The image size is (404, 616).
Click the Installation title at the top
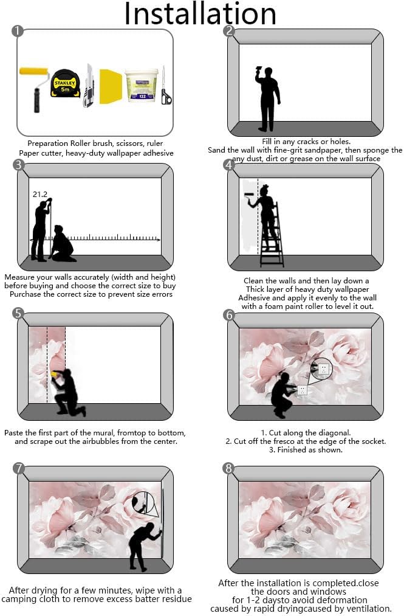(200, 13)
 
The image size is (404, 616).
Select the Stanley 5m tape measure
(65, 83)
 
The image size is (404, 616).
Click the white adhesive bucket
(142, 85)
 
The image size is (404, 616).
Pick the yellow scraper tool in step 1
(111, 86)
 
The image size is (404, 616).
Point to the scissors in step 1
(166, 86)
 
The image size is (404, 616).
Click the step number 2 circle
(229, 30)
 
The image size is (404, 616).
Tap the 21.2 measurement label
(40, 194)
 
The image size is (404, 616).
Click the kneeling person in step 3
(63, 244)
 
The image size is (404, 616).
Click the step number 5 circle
(18, 313)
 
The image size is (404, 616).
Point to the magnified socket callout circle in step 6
(321, 369)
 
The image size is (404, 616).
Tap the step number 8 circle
(228, 468)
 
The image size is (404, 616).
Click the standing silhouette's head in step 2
(268, 73)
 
